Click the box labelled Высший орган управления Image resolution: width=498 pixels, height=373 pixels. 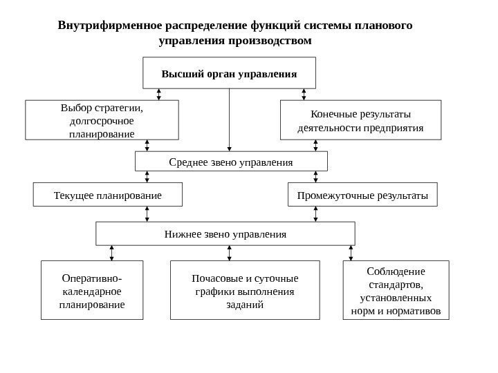click(229, 73)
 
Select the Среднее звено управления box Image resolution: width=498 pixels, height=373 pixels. click(231, 162)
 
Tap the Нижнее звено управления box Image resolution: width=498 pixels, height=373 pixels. click(225, 234)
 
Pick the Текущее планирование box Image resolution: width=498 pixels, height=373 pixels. click(107, 195)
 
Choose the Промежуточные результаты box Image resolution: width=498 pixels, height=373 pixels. click(362, 195)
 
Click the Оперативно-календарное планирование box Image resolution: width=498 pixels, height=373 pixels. click(92, 290)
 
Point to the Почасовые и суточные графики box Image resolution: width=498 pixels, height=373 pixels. click(245, 290)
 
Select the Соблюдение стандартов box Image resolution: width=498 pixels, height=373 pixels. click(396, 290)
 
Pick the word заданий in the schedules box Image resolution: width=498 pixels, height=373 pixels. click(245, 305)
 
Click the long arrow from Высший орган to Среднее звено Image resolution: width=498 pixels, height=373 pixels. click(229, 120)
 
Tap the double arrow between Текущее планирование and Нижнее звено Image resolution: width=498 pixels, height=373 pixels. click(147, 214)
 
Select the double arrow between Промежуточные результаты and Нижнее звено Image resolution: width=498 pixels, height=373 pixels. click(315, 214)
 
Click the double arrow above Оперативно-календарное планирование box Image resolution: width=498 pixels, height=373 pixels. click(111, 253)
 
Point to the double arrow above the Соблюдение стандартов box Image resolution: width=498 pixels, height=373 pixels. click(351, 253)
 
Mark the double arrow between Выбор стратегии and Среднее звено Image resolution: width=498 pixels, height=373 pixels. click(147, 146)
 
